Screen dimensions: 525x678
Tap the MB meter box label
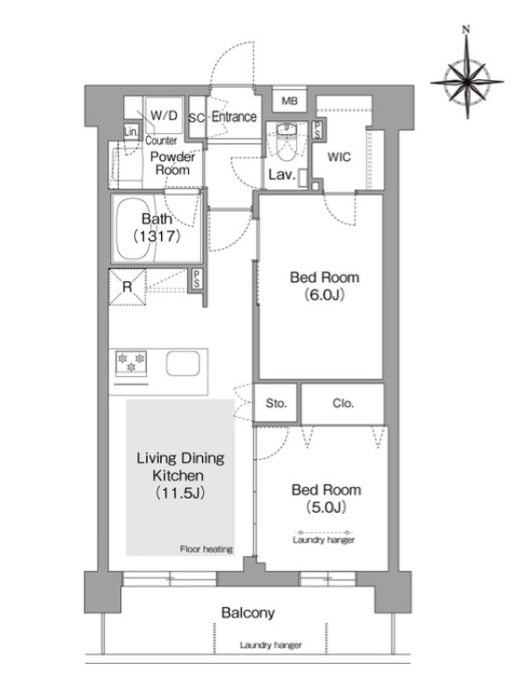(x=289, y=102)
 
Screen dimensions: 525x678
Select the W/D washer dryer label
(x=164, y=115)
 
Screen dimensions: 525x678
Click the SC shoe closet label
(x=196, y=117)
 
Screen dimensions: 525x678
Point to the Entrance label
(x=234, y=116)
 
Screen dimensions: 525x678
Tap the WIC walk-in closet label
(x=339, y=157)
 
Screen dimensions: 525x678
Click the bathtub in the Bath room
(x=134, y=229)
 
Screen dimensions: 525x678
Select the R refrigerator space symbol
(x=127, y=287)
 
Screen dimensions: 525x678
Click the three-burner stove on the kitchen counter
(x=131, y=363)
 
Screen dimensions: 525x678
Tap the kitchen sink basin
(x=182, y=363)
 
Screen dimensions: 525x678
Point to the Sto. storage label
(x=276, y=403)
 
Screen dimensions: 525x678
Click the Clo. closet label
(x=343, y=403)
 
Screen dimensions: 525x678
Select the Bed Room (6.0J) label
(x=325, y=286)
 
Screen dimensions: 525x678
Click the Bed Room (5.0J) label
(x=326, y=498)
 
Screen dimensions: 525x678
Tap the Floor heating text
(x=207, y=549)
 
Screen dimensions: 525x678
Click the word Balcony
(x=248, y=613)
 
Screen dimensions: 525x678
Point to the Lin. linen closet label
(x=131, y=131)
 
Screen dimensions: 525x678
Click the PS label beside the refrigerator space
(x=196, y=278)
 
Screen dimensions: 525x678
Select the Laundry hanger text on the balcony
(x=271, y=645)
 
